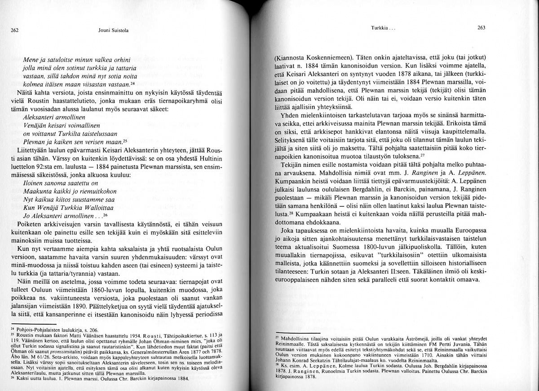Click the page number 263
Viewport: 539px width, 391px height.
point(482,27)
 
